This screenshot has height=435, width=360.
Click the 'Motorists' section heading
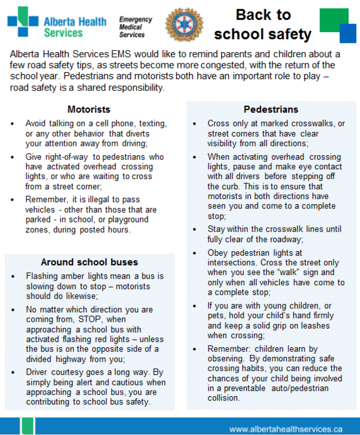click(x=88, y=109)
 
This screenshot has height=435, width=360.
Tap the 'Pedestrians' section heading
click(x=270, y=109)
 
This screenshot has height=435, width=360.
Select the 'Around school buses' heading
click(x=89, y=262)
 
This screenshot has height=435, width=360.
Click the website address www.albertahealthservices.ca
click(x=285, y=427)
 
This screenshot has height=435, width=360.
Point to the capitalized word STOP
click(x=92, y=319)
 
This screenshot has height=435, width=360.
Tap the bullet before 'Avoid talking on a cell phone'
click(x=13, y=124)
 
